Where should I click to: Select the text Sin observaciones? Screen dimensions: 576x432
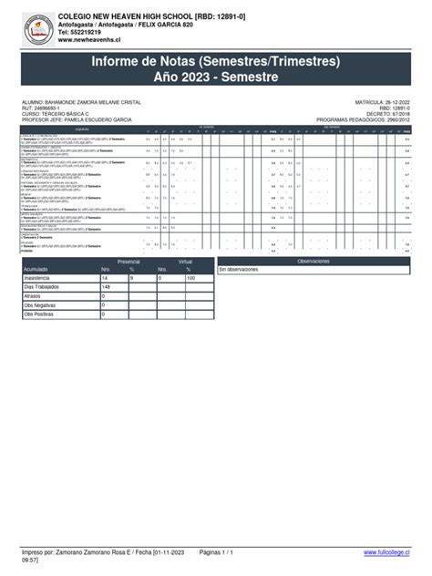(x=240, y=271)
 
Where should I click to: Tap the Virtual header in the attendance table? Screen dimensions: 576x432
(x=186, y=261)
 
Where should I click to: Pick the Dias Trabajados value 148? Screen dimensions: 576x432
(x=106, y=288)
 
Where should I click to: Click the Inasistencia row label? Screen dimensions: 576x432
(x=41, y=279)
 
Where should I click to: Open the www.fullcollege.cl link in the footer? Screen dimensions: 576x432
(x=386, y=552)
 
